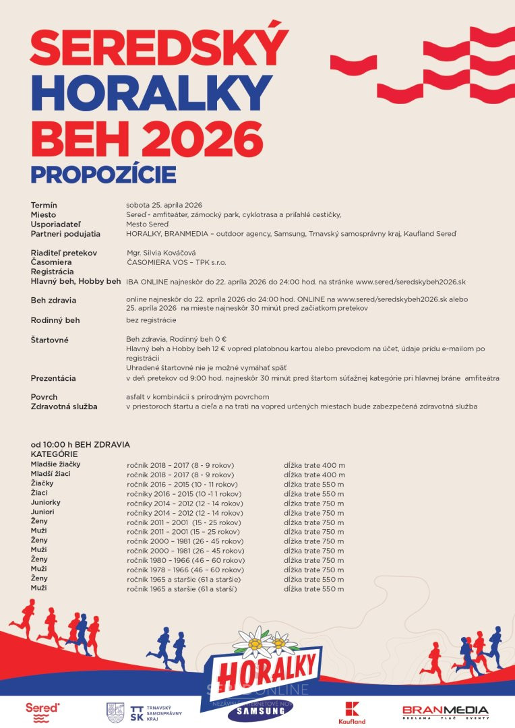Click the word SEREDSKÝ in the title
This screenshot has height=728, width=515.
(x=159, y=48)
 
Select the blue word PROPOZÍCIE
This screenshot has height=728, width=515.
(x=103, y=174)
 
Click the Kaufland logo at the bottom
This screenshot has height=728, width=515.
(x=352, y=712)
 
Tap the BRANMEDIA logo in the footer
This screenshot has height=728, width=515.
(x=445, y=712)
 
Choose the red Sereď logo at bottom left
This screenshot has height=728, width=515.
(x=42, y=712)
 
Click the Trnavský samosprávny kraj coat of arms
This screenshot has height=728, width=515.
(x=115, y=712)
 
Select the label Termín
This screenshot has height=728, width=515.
(x=44, y=205)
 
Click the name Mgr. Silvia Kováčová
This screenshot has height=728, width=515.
(x=161, y=252)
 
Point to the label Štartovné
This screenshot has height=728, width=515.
(x=49, y=340)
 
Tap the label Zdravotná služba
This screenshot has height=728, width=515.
(x=64, y=406)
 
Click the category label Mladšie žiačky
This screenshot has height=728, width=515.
(x=56, y=464)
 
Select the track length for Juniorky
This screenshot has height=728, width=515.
(x=314, y=503)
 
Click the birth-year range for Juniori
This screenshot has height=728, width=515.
(x=185, y=513)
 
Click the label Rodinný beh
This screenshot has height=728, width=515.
(x=55, y=320)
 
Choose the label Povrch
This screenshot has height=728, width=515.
(x=44, y=397)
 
